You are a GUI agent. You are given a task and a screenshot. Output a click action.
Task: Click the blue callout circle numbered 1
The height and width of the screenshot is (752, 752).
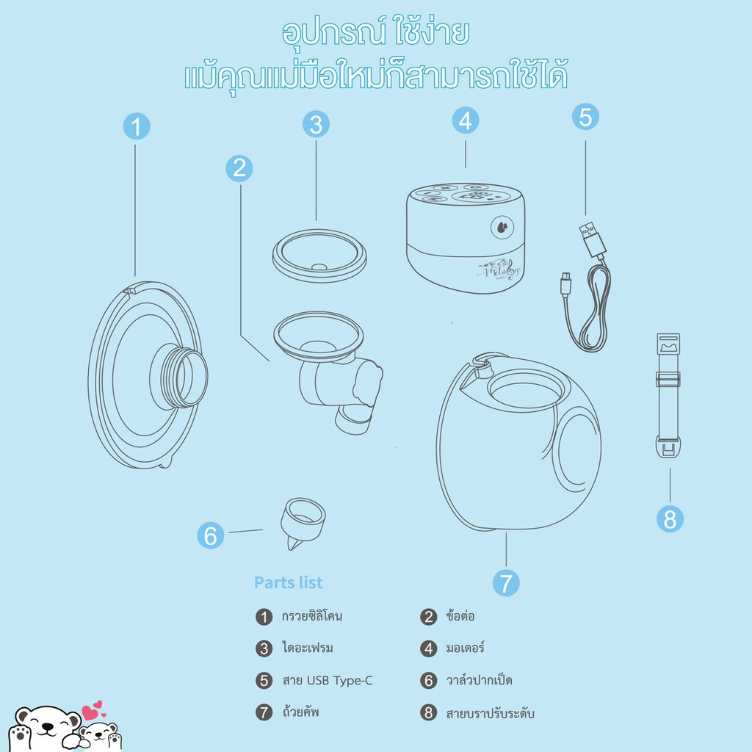pos(137,126)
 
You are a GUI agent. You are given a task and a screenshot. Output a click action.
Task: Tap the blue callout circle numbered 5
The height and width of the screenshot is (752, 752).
pos(585,117)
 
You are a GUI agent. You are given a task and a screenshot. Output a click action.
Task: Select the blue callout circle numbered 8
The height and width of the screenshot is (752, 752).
pos(670,519)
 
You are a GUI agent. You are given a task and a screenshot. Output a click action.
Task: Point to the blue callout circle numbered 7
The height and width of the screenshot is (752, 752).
pos(506,583)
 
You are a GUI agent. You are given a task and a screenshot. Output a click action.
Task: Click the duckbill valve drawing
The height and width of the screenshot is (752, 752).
pos(302,523)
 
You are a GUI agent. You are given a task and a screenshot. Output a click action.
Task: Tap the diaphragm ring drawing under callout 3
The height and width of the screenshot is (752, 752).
pos(319,256)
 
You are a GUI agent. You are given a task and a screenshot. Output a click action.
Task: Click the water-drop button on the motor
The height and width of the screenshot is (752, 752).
pos(502,228)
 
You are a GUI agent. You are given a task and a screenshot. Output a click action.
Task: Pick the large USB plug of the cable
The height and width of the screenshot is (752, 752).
pos(593,239)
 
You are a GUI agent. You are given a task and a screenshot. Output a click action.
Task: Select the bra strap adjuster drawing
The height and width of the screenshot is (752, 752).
pos(668,396)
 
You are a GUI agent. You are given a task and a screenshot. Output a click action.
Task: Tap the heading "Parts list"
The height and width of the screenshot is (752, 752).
pos(288,582)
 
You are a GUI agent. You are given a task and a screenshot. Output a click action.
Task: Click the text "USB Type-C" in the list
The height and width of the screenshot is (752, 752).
pos(339,681)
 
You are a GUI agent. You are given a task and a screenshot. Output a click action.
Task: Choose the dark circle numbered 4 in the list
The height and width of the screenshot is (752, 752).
pos(429,649)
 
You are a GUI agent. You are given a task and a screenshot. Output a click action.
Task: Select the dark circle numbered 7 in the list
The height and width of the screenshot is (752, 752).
pos(264,712)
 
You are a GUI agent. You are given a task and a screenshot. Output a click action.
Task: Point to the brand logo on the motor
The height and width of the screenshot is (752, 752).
pos(499,270)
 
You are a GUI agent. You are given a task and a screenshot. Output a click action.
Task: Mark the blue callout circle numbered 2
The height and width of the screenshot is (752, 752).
pos(239,168)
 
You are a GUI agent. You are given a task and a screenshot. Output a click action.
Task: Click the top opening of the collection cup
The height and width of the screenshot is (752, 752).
pos(526,388)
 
